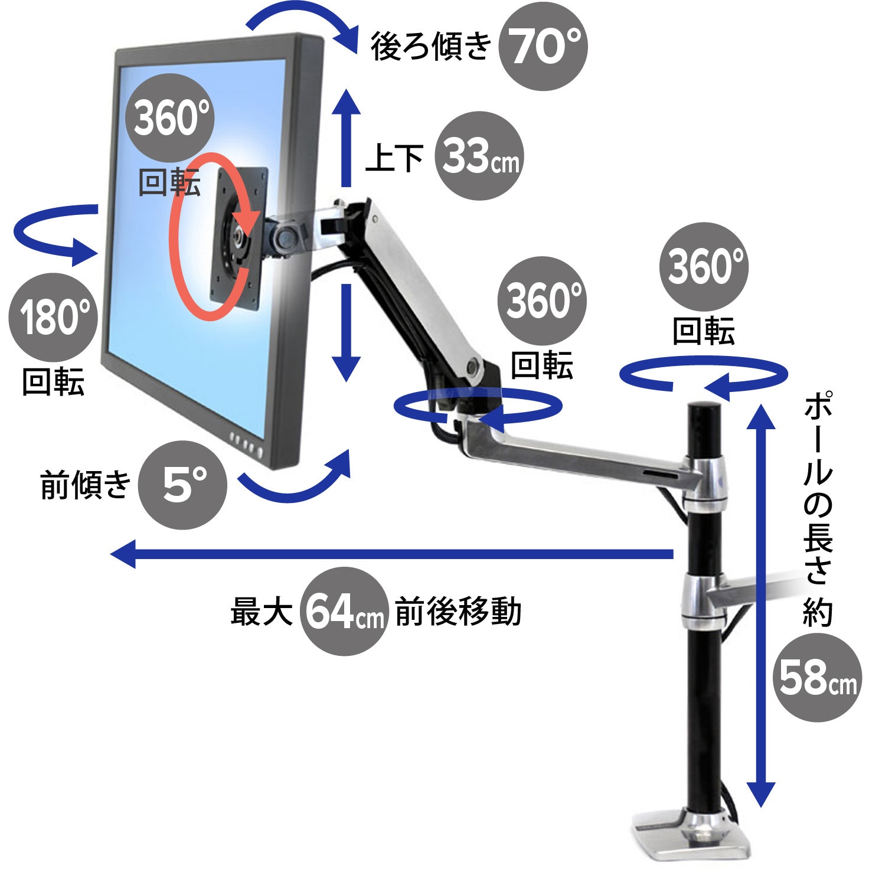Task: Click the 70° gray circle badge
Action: click(x=543, y=46)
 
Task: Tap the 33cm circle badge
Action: click(x=479, y=156)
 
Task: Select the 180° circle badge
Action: click(x=53, y=317)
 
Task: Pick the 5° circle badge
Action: click(x=182, y=485)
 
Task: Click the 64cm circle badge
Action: click(x=344, y=611)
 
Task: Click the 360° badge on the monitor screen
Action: click(x=169, y=117)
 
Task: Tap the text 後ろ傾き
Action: click(x=431, y=47)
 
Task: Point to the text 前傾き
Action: click(x=86, y=485)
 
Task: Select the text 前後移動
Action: click(x=458, y=612)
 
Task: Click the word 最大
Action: click(x=262, y=612)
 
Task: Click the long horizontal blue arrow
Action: click(x=392, y=554)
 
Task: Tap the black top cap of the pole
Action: click(x=705, y=409)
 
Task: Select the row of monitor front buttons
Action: click(x=246, y=444)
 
